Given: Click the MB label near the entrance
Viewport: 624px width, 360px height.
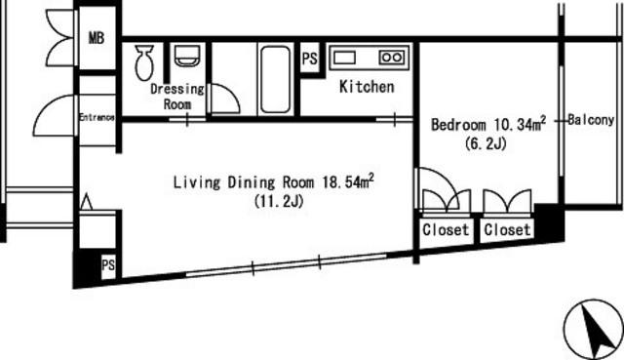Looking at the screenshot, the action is point(97,38).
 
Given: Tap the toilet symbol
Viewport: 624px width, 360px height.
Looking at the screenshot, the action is point(144,62).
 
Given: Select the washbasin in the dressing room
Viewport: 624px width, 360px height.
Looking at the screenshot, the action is point(187,56).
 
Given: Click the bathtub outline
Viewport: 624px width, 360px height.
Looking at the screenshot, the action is point(275,79).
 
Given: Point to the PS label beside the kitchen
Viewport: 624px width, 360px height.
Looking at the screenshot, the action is point(310,59).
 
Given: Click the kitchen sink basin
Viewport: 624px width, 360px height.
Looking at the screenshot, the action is point(344,58).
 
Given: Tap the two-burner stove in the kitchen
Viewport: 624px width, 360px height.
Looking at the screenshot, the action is point(392,58).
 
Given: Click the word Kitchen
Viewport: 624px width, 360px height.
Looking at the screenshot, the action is point(367,87).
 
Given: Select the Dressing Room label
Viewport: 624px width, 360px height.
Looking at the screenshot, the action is point(177,97).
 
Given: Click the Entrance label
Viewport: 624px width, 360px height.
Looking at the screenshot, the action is point(97,117).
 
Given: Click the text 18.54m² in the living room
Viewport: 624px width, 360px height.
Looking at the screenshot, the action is point(348,181).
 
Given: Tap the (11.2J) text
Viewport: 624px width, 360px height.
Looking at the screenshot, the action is point(279,201).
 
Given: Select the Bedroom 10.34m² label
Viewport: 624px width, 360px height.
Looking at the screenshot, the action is point(488,124).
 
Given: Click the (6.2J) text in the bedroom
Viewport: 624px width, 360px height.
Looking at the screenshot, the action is point(486,143).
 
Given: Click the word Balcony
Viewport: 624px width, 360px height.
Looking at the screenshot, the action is point(591,119).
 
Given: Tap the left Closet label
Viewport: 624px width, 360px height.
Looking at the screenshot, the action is point(446,230).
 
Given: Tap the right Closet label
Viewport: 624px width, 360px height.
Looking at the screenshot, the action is point(507,230).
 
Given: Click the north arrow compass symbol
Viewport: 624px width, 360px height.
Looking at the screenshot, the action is point(594,330).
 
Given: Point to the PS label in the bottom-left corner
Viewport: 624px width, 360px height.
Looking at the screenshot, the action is point(108,265).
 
